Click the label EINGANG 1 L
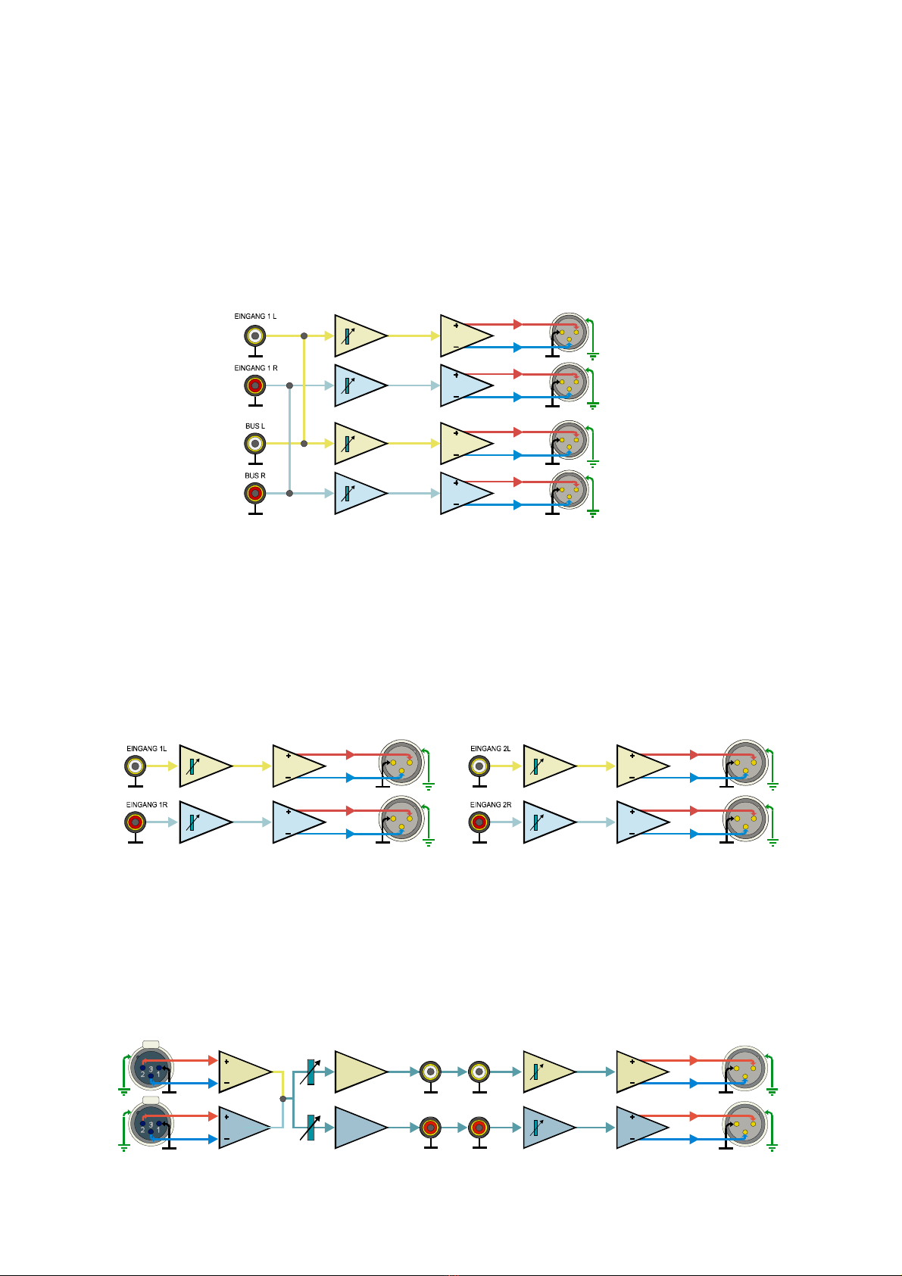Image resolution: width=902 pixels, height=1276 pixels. tap(255, 316)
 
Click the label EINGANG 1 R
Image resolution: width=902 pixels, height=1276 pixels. tap(255, 368)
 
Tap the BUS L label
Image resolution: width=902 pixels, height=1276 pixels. tap(255, 426)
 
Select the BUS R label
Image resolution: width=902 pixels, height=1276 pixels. tap(255, 476)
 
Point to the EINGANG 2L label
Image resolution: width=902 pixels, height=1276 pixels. tap(491, 749)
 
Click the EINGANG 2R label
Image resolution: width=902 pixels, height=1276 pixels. tap(491, 805)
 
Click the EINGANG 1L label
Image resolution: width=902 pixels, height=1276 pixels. tap(147, 749)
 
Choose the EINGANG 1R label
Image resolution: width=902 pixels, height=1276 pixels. tap(147, 805)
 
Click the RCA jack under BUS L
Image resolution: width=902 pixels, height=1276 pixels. tap(255, 443)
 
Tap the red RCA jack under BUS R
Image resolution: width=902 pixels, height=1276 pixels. tap(255, 494)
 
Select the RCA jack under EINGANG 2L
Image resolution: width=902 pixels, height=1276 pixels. tap(479, 766)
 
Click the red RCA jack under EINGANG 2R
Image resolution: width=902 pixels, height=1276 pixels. tap(479, 822)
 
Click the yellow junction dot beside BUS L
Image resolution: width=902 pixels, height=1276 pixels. tap(304, 443)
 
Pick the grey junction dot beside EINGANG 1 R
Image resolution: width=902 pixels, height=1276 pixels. tap(289, 385)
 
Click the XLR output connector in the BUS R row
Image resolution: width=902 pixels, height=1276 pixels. tap(569, 490)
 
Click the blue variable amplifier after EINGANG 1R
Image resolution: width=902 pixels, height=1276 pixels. tap(201, 822)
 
